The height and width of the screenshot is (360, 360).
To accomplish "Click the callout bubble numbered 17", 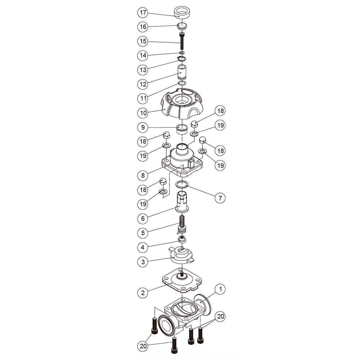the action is pyautogui.click(x=143, y=12).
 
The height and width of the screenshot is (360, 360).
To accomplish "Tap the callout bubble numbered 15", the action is pyautogui.click(x=143, y=41).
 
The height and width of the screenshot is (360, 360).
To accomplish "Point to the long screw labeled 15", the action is pyautogui.click(x=182, y=41).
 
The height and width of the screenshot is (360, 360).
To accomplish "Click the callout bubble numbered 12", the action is pyautogui.click(x=143, y=84).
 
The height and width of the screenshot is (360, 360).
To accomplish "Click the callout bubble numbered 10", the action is pyautogui.click(x=143, y=113).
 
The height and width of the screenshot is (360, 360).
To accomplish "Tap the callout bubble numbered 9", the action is pyautogui.click(x=143, y=127).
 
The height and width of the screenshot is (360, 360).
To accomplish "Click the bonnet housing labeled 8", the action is pyautogui.click(x=182, y=161).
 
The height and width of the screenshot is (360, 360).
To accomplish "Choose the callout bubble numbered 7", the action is pyautogui.click(x=220, y=198).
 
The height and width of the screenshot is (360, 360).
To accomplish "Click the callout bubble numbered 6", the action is pyautogui.click(x=143, y=219).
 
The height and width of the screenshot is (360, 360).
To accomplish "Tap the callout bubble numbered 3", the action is pyautogui.click(x=143, y=262).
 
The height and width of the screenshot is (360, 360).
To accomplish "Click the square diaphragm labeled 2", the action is pyautogui.click(x=182, y=280).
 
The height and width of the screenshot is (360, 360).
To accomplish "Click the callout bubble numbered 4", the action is pyautogui.click(x=143, y=247).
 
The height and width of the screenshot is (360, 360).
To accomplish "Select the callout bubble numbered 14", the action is pyautogui.click(x=143, y=55).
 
